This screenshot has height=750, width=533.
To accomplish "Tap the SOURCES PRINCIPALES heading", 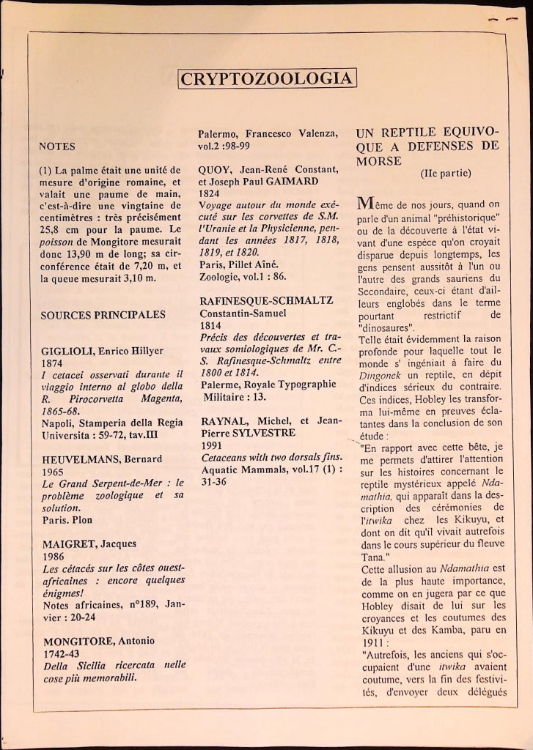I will [x=103, y=315].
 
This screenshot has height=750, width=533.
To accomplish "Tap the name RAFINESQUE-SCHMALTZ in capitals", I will [x=267, y=301].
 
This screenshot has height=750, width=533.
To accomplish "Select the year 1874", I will [x=53, y=363].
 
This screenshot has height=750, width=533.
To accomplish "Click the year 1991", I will [x=211, y=445].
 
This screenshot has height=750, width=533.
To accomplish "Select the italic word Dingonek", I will [x=379, y=373].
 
